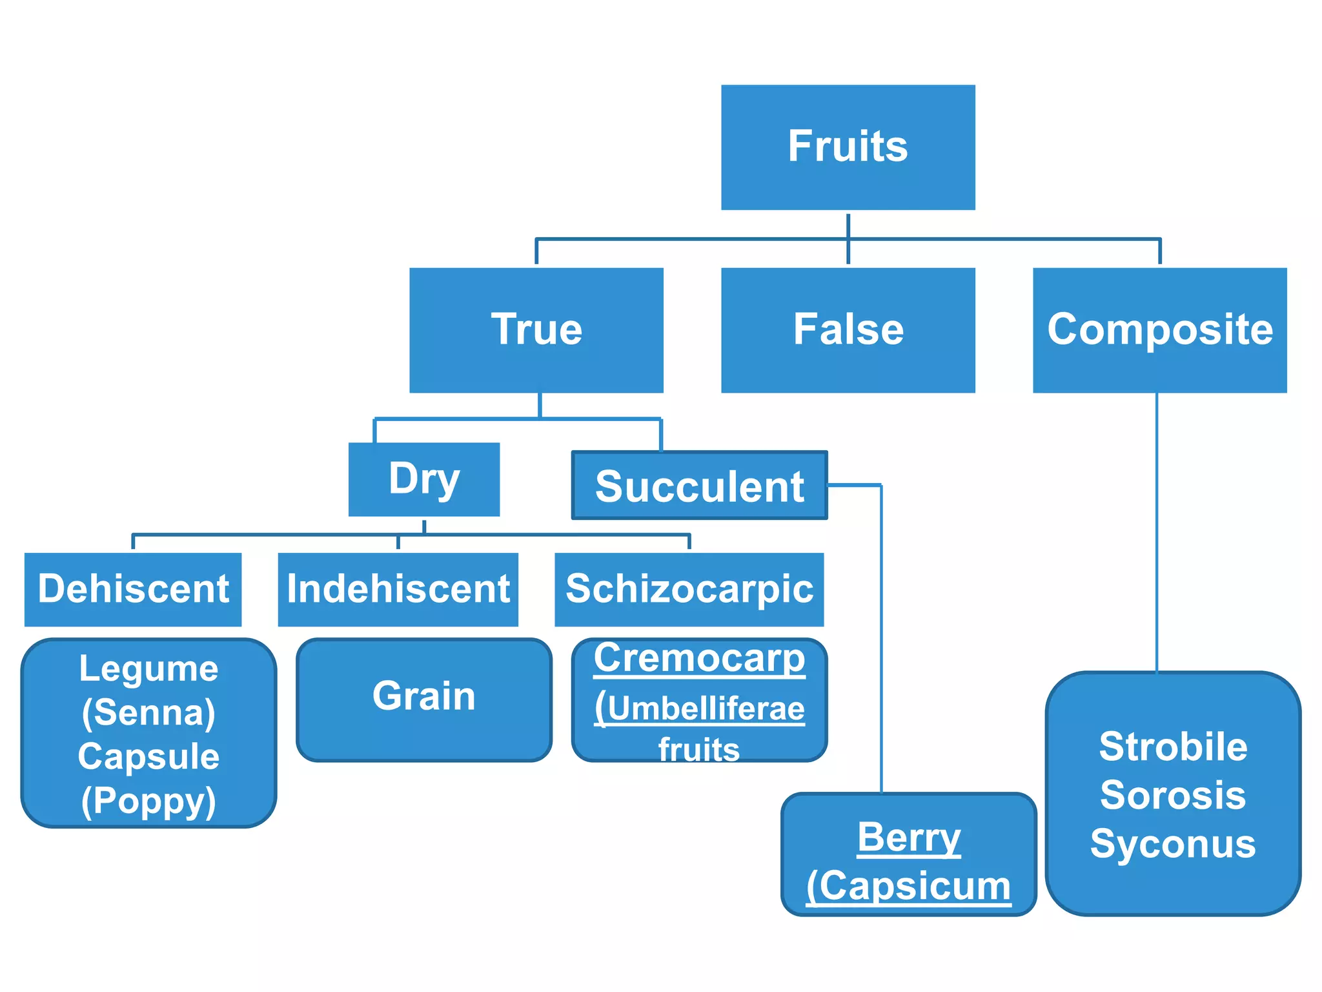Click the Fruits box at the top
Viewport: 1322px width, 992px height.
point(848,147)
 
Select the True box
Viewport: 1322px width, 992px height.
point(536,330)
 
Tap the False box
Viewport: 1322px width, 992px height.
point(848,330)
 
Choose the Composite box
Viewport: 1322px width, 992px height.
point(1159,330)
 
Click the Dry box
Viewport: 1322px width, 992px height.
point(423,479)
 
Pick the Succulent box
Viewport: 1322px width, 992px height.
point(699,486)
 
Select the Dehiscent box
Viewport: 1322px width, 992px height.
point(133,589)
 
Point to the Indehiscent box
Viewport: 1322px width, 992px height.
point(398,589)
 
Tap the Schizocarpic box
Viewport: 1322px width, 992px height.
point(689,589)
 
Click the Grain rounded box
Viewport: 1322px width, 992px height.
point(423,699)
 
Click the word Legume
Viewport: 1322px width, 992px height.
point(148,668)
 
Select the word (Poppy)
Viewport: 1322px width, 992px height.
point(148,801)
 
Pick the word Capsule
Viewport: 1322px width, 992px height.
point(148,756)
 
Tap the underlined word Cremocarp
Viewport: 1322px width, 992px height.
point(699,659)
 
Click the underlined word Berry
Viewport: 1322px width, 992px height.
point(909,838)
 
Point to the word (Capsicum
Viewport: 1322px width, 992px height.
point(909,886)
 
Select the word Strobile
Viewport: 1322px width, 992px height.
point(1173,747)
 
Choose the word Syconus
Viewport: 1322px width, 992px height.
point(1173,843)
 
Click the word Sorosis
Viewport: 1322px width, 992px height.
point(1173,795)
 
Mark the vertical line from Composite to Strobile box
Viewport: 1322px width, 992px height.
point(1157,530)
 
